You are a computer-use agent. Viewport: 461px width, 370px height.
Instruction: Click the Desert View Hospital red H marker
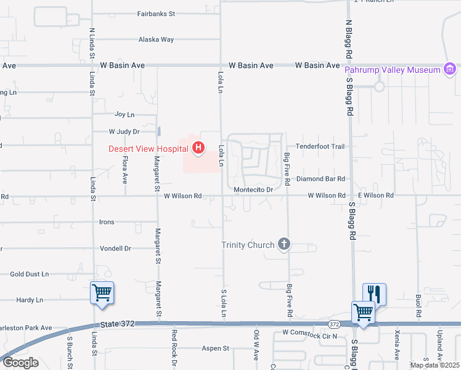click(x=198, y=148)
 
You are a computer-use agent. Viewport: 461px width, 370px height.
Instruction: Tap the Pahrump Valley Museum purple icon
click(x=450, y=69)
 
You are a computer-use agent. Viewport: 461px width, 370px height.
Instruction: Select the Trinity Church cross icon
click(x=284, y=245)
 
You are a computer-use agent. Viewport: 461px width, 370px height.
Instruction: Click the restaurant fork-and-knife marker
click(x=374, y=293)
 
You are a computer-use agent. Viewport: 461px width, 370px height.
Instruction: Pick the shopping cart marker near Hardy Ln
click(x=102, y=292)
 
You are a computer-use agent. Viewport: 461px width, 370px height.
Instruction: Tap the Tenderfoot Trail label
click(x=320, y=146)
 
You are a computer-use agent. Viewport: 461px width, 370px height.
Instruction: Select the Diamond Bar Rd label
click(x=320, y=179)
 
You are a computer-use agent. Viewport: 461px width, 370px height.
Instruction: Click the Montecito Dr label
click(x=253, y=189)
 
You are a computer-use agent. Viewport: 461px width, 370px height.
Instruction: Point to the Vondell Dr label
click(x=115, y=249)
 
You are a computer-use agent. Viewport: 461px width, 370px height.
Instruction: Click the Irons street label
click(x=107, y=222)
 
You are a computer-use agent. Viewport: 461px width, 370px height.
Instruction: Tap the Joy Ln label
click(x=124, y=115)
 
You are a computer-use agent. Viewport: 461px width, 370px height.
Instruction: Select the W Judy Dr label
click(x=124, y=131)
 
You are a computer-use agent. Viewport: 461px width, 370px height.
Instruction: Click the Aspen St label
click(x=216, y=348)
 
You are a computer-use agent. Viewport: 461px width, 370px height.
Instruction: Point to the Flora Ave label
click(x=124, y=171)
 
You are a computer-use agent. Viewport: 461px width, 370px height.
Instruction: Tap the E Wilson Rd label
click(x=374, y=195)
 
